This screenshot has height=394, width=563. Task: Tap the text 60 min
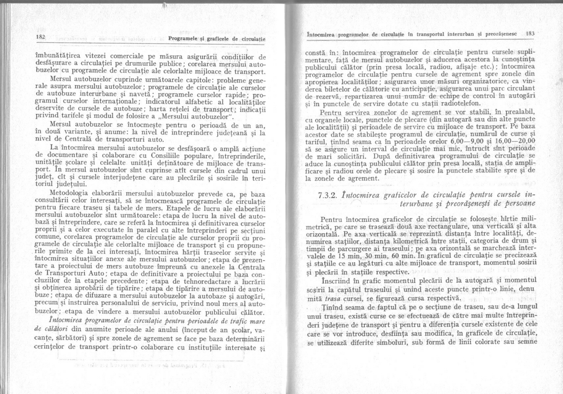(x=407, y=257)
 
